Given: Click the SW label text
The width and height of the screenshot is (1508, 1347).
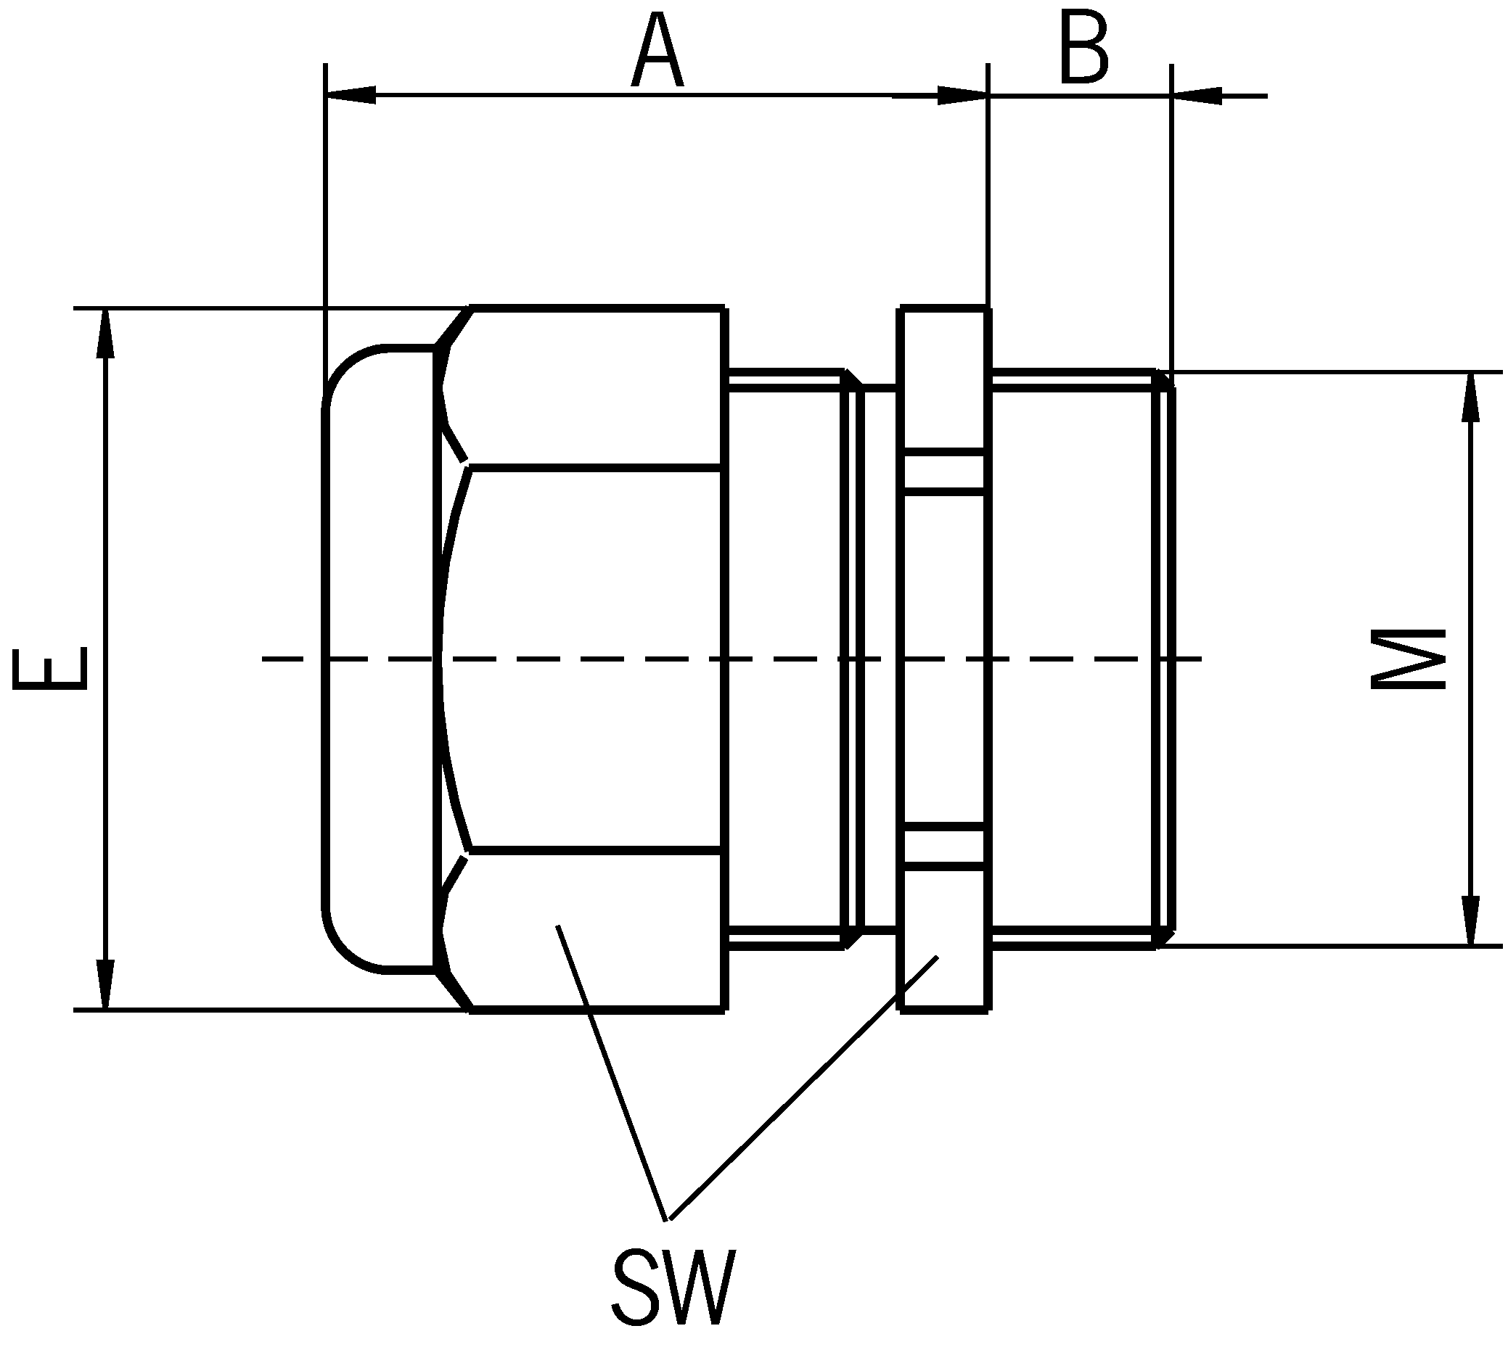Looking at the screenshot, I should pyautogui.click(x=673, y=1287).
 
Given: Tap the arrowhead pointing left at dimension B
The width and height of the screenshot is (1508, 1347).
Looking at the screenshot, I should pyautogui.click(x=1197, y=96).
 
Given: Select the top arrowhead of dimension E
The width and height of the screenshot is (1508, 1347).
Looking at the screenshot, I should pyautogui.click(x=107, y=333).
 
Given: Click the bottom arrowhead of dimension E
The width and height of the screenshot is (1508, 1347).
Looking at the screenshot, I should pyautogui.click(x=107, y=984).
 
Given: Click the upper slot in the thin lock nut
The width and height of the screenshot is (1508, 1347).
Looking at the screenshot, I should pyautogui.click(x=943, y=471).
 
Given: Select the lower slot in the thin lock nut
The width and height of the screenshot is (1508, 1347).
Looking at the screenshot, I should pyautogui.click(x=943, y=845).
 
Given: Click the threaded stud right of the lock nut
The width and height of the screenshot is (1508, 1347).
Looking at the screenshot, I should pyautogui.click(x=1073, y=659).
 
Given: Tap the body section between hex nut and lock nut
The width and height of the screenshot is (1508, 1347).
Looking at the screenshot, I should pyautogui.click(x=784, y=659).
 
